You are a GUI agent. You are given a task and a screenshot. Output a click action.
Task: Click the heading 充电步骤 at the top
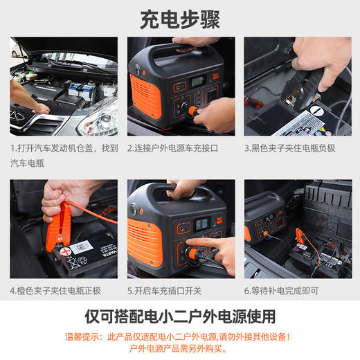click(179, 19)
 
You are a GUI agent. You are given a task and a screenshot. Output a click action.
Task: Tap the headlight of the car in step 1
click(97, 123)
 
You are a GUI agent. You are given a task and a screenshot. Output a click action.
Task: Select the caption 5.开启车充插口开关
click(170, 291)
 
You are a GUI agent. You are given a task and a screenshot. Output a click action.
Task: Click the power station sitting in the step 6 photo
click(267, 218)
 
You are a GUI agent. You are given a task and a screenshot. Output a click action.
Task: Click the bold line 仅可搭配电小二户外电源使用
click(179, 316)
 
